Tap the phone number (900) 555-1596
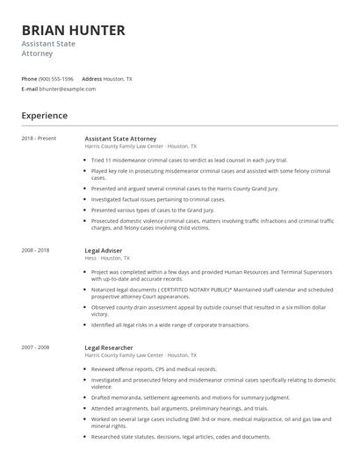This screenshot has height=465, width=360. coord(57,79)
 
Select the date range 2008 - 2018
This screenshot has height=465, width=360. coord(36,250)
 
